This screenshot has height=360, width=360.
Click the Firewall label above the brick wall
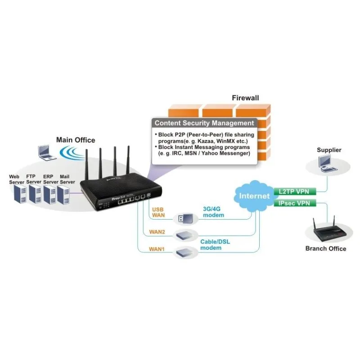[245, 98]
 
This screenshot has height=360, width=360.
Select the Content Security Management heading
[204, 123]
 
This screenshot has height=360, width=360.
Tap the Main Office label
[76, 140]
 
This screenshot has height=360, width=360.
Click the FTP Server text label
[33, 179]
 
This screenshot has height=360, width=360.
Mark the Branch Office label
[326, 248]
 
